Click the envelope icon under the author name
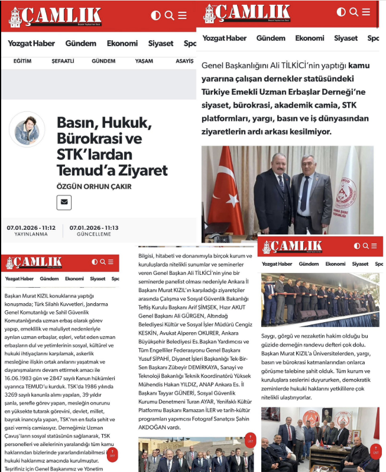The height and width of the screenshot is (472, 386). [64, 203]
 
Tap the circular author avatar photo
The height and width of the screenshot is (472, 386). [27, 129]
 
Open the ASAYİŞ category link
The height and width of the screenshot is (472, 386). [180, 61]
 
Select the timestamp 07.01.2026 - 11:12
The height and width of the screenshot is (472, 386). [31, 227]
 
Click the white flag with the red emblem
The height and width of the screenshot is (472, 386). [352, 190]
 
